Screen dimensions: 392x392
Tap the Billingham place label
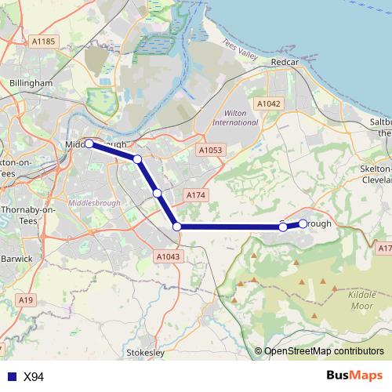[x=31, y=82]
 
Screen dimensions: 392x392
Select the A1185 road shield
[x=45, y=40]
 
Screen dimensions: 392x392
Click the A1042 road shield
[x=268, y=103]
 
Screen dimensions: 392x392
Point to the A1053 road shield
[x=210, y=150]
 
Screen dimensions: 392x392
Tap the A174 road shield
[x=195, y=194]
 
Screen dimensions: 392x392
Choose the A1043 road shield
[x=168, y=256]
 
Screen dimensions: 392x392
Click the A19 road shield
[x=27, y=299]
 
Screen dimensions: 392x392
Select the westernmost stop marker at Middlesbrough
[x=89, y=143]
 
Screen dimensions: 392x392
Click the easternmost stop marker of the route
[x=303, y=223]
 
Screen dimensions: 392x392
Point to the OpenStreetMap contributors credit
[x=324, y=351]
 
